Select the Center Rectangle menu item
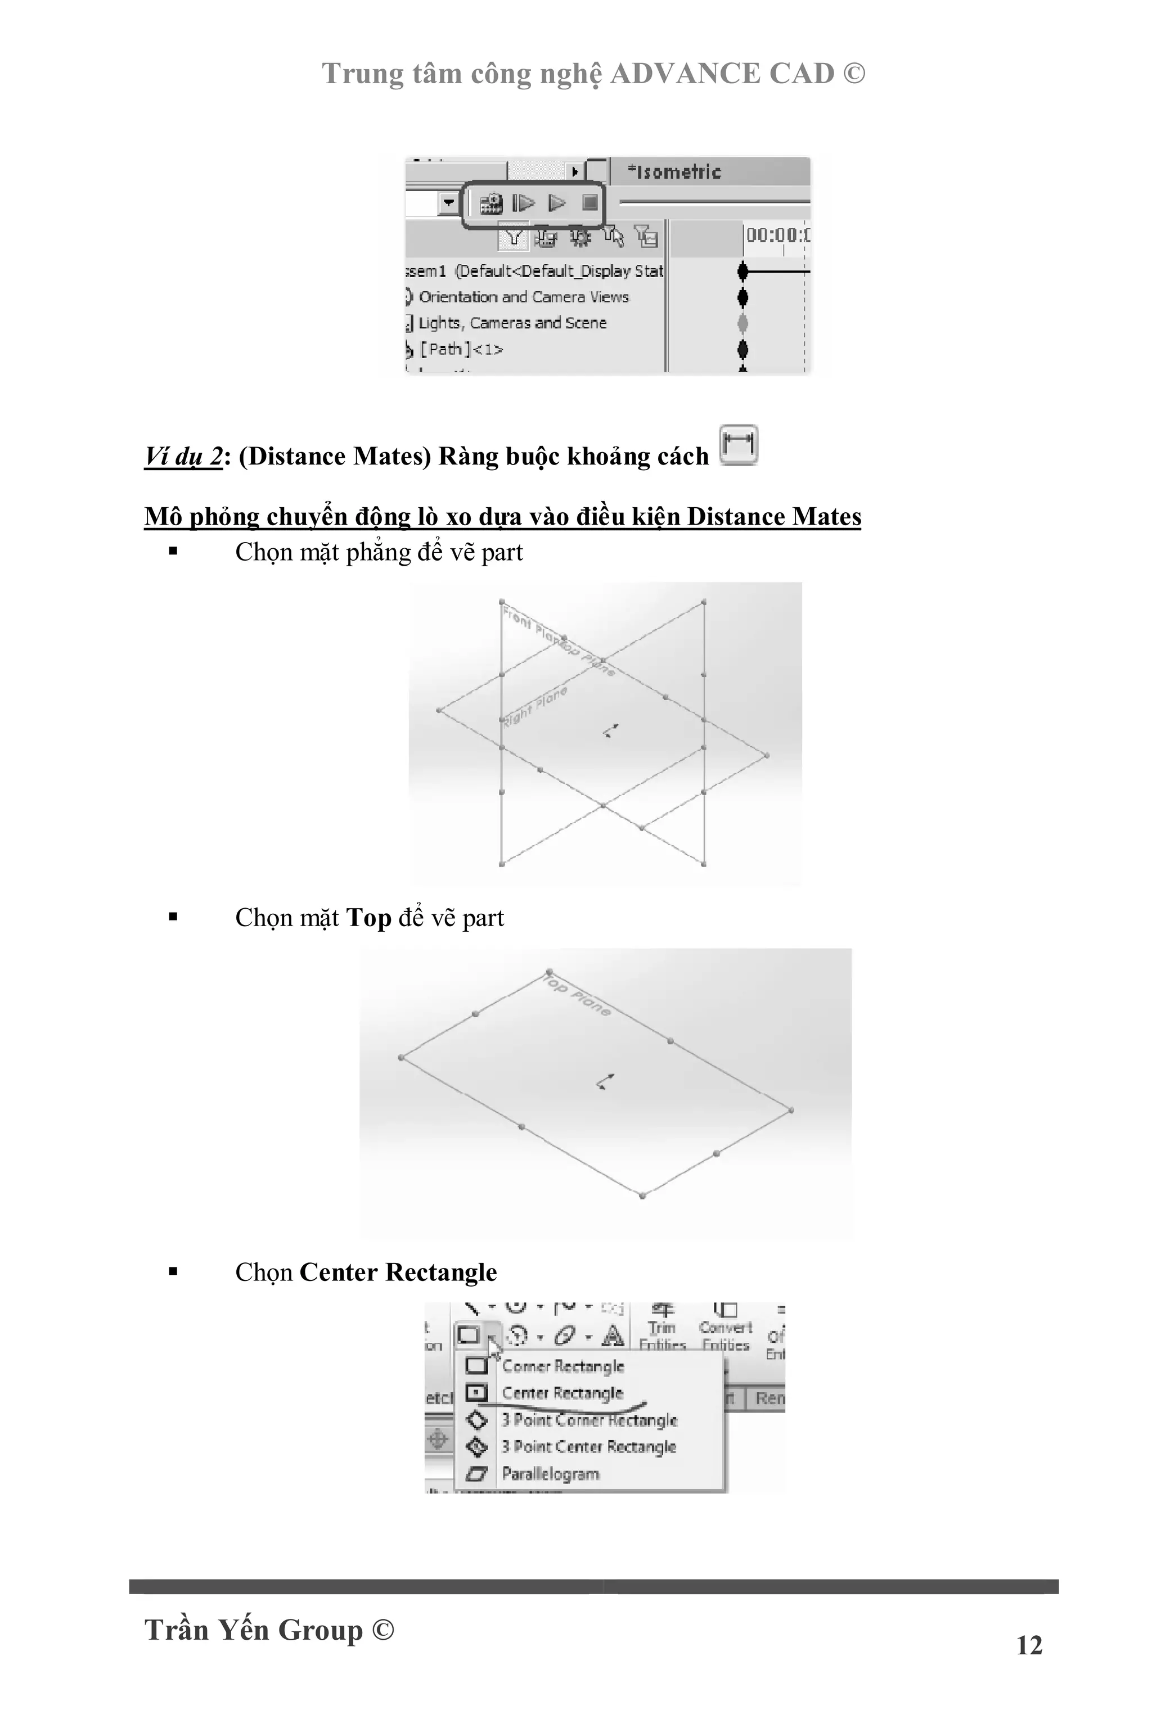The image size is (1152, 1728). [x=562, y=1393]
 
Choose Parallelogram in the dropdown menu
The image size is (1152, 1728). [x=550, y=1473]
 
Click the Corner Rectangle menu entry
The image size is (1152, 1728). [x=562, y=1366]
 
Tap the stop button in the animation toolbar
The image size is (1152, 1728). [x=589, y=202]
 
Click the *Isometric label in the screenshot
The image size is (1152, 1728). [x=674, y=172]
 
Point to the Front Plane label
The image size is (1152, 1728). [x=525, y=621]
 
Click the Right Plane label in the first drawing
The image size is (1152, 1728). [x=535, y=705]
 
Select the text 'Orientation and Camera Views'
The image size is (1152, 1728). [x=524, y=297]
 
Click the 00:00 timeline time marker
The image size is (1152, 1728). [x=777, y=235]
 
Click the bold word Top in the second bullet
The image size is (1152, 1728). [x=368, y=918]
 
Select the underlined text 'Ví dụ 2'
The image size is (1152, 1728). [x=183, y=456]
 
